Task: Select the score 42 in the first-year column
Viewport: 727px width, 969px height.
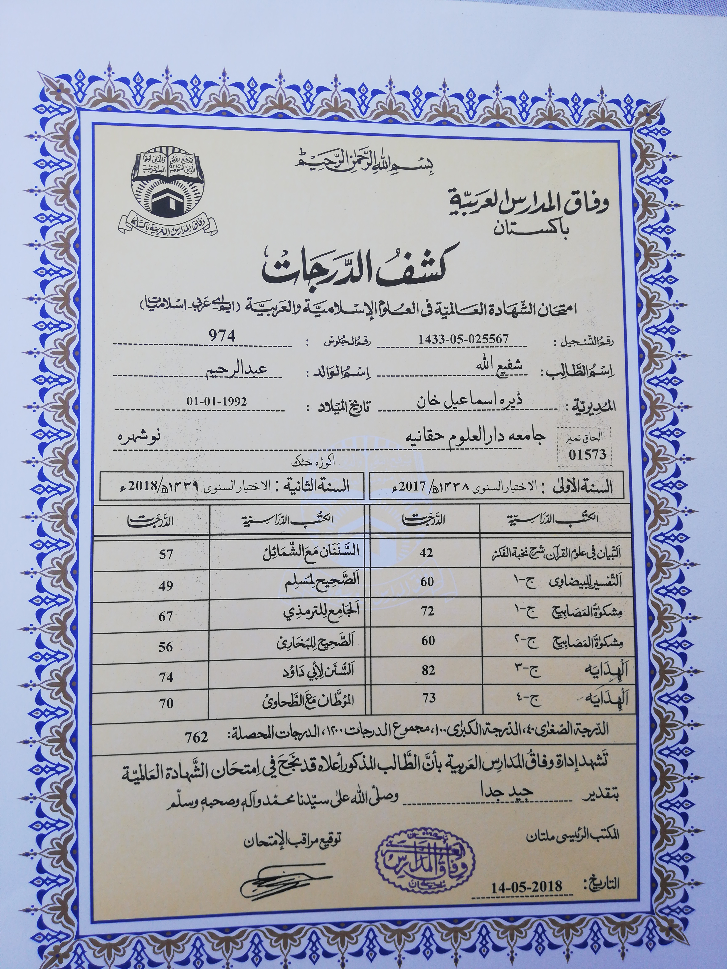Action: pyautogui.click(x=426, y=553)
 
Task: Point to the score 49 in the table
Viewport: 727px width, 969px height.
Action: pyautogui.click(x=166, y=585)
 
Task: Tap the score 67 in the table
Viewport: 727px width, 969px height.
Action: pyautogui.click(x=166, y=616)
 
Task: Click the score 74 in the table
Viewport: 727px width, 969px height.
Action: pyautogui.click(x=166, y=677)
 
